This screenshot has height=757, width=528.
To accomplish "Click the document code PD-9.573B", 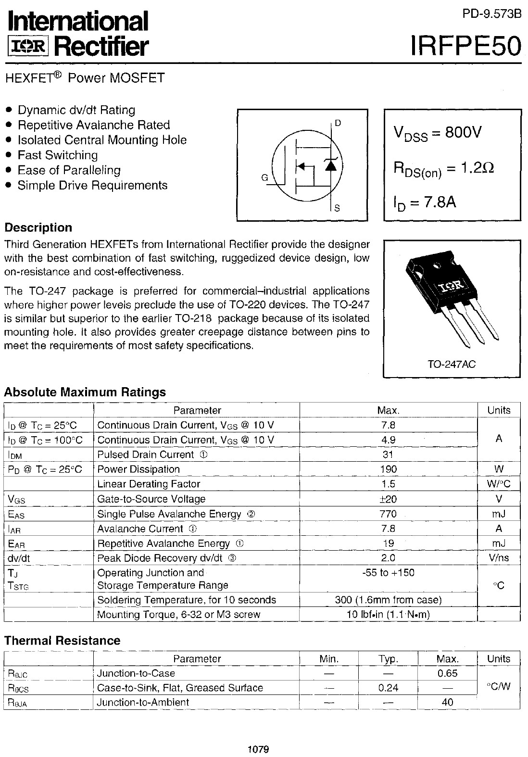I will tap(491, 14).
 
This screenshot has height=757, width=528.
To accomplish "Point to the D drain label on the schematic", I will tap(338, 123).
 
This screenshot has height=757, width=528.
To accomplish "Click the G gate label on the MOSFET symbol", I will tap(264, 177).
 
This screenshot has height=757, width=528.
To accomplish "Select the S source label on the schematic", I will tap(337, 208).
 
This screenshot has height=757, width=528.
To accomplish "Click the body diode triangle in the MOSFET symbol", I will tap(330, 165).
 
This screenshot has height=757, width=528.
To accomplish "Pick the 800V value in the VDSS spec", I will tap(463, 132).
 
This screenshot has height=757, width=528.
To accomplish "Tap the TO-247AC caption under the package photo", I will tap(452, 364).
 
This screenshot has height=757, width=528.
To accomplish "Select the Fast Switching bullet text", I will tap(58, 155).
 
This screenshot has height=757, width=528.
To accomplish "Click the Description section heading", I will tap(38, 227).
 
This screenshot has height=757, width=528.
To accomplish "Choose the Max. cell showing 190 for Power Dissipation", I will tap(388, 469).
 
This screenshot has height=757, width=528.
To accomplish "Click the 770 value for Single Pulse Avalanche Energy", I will tap(388, 514).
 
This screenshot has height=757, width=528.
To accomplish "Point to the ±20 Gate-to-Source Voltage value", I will tap(388, 499).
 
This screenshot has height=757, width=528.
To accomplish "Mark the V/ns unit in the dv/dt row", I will tap(499, 558).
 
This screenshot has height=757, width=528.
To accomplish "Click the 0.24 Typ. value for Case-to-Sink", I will tap(388, 688).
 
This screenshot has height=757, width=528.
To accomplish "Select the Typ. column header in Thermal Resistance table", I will tap(388, 659).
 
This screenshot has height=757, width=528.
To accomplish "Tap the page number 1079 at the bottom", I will tap(258, 749).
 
